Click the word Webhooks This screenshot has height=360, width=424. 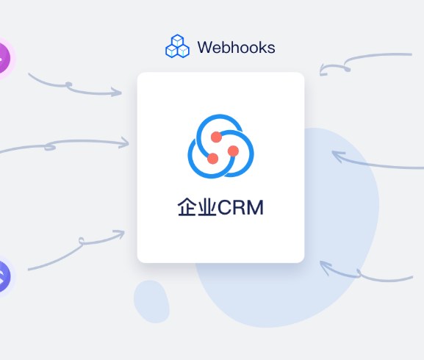237,47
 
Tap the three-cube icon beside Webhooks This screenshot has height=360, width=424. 177,46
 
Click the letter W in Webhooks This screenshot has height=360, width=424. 205,48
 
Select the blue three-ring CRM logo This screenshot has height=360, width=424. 220,146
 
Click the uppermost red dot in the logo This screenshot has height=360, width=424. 216,137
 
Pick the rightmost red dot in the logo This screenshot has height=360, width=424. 233,151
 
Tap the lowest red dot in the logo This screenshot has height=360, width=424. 213,159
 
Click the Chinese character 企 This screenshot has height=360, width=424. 187,207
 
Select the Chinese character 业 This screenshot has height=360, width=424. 207,207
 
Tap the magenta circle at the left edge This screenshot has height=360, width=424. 4,58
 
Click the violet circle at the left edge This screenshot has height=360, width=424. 4,276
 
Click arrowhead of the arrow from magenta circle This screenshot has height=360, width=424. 118,92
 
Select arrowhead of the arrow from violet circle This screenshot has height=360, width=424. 121,233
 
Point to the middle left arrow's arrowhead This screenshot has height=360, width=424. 125,143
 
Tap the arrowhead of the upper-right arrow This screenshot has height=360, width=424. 323,71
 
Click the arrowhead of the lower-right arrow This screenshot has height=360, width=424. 325,266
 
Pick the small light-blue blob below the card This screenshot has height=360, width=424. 151,301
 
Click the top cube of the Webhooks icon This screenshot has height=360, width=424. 178,40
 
